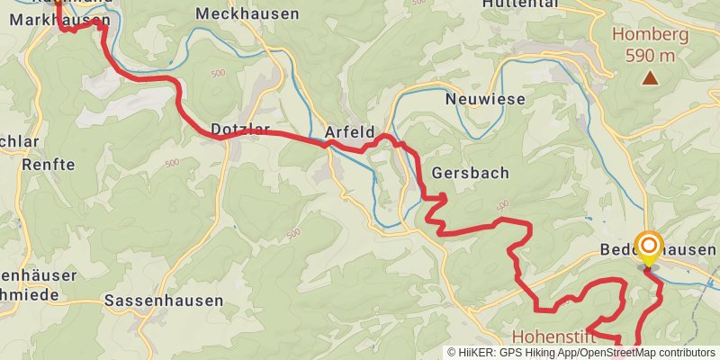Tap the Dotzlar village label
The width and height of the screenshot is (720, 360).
point(240,130)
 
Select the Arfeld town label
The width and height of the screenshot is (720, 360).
point(348,130)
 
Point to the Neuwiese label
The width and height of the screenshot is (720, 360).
point(485,99)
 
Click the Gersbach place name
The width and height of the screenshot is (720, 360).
point(471,172)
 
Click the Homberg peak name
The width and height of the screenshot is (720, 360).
point(650,36)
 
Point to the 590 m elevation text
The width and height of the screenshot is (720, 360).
point(650,56)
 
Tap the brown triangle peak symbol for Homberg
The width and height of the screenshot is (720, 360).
point(650,78)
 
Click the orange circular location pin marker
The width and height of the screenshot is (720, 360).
point(648,246)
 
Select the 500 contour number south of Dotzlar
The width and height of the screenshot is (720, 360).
point(171,164)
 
